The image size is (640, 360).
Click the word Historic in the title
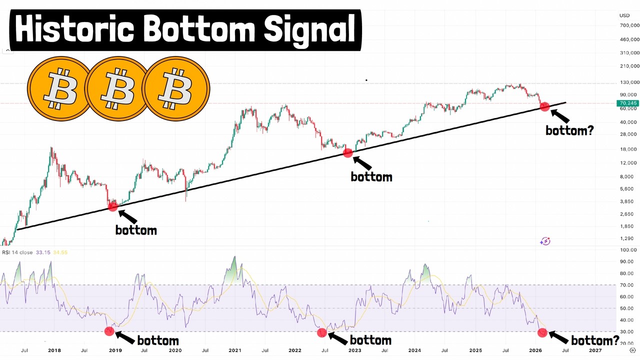pos(73,30)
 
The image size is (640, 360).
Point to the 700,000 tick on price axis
pos(629,25)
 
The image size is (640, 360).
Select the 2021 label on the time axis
pos(235,350)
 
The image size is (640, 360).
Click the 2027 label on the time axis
pos(596,350)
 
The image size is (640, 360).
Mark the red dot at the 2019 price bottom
pos(113,206)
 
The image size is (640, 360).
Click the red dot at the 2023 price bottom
pos(348,152)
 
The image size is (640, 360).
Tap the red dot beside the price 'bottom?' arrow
pos(544,106)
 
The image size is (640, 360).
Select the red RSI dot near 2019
pos(109,331)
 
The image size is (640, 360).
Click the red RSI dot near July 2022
pos(322,332)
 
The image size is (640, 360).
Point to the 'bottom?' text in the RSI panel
pos(595,341)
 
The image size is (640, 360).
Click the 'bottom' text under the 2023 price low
pos(371,177)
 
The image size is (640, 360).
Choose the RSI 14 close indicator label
pos(17,252)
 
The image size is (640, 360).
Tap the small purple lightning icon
pos(545,241)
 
